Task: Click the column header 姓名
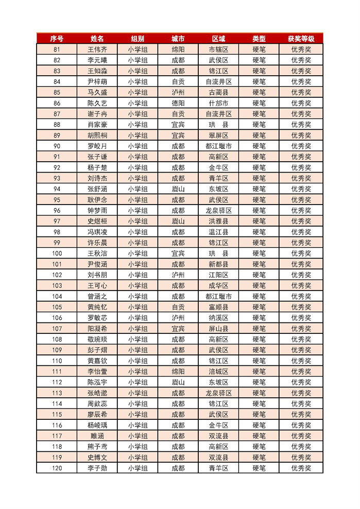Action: [97, 39]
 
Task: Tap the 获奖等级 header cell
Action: [301, 39]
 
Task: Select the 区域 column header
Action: [218, 39]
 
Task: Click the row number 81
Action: [57, 49]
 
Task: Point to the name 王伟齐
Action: [97, 49]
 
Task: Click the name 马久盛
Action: [97, 93]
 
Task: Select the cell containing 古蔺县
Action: [218, 93]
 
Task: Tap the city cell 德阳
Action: [178, 103]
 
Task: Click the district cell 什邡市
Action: [218, 103]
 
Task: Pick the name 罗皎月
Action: [97, 146]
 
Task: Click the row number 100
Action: [57, 253]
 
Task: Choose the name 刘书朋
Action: [97, 275]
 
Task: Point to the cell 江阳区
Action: [218, 275]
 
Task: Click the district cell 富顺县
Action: [218, 307]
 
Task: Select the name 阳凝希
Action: [97, 329]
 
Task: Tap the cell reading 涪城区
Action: [218, 371]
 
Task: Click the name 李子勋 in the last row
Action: [97, 468]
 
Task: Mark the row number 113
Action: [57, 393]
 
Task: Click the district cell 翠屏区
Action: [218, 135]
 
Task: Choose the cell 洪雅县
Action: [218, 222]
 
